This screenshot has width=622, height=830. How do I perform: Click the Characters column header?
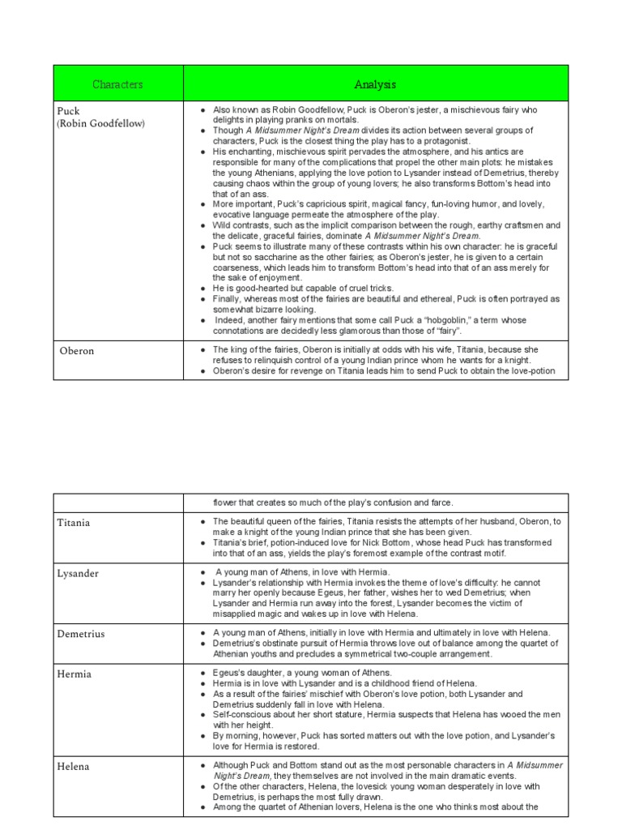(x=117, y=84)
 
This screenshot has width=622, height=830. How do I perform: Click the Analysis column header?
(x=375, y=84)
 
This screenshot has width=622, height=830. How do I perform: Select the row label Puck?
(x=69, y=110)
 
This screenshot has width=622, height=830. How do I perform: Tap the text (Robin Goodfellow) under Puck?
(x=100, y=123)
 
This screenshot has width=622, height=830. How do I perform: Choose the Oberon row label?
(x=77, y=351)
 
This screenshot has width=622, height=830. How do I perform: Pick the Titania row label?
(x=74, y=523)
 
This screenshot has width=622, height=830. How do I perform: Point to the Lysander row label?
(x=78, y=573)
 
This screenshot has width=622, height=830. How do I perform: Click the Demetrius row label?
(x=81, y=634)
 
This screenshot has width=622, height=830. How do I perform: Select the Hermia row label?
(x=74, y=674)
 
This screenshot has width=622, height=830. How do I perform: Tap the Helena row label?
(x=73, y=766)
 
